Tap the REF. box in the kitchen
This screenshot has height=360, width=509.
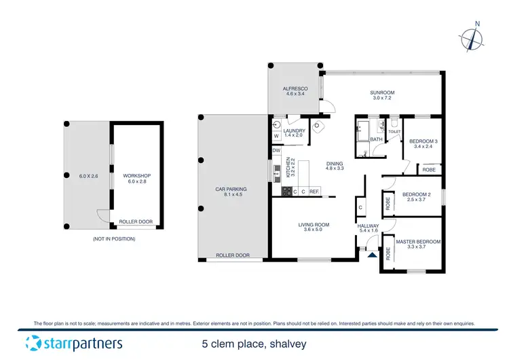pyautogui.click(x=314, y=192)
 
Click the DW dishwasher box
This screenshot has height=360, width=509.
pyautogui.click(x=277, y=150)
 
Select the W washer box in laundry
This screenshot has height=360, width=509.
pyautogui.click(x=276, y=136)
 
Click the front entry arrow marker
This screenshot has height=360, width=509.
pyautogui.click(x=371, y=255)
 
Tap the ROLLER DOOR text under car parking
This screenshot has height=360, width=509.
pyautogui.click(x=233, y=255)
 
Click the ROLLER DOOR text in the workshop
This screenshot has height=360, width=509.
pyautogui.click(x=135, y=222)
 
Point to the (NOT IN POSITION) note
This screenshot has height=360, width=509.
pyautogui.click(x=113, y=239)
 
